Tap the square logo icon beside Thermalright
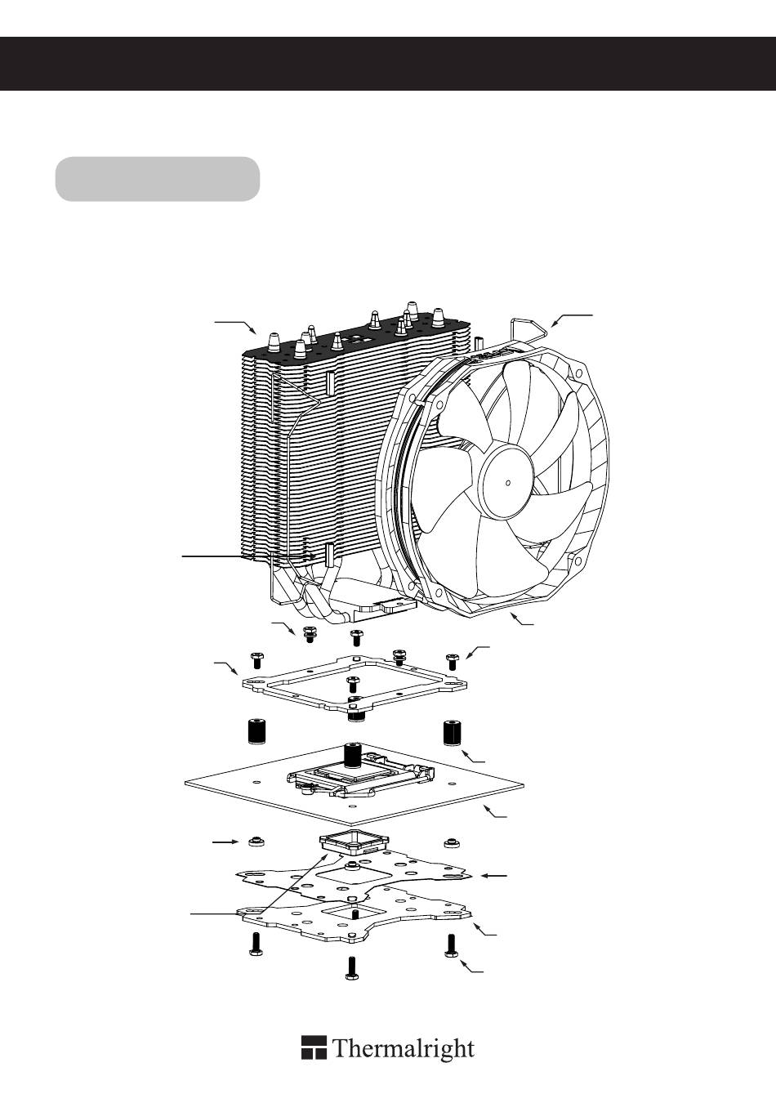click(314, 1048)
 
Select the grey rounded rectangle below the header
click(157, 179)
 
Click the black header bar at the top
click(388, 63)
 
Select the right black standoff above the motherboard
click(452, 733)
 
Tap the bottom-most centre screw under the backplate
click(353, 967)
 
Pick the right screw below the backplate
click(451, 944)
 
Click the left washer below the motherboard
click(256, 841)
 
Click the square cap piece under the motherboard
click(352, 842)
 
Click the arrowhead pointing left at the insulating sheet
click(484, 876)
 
